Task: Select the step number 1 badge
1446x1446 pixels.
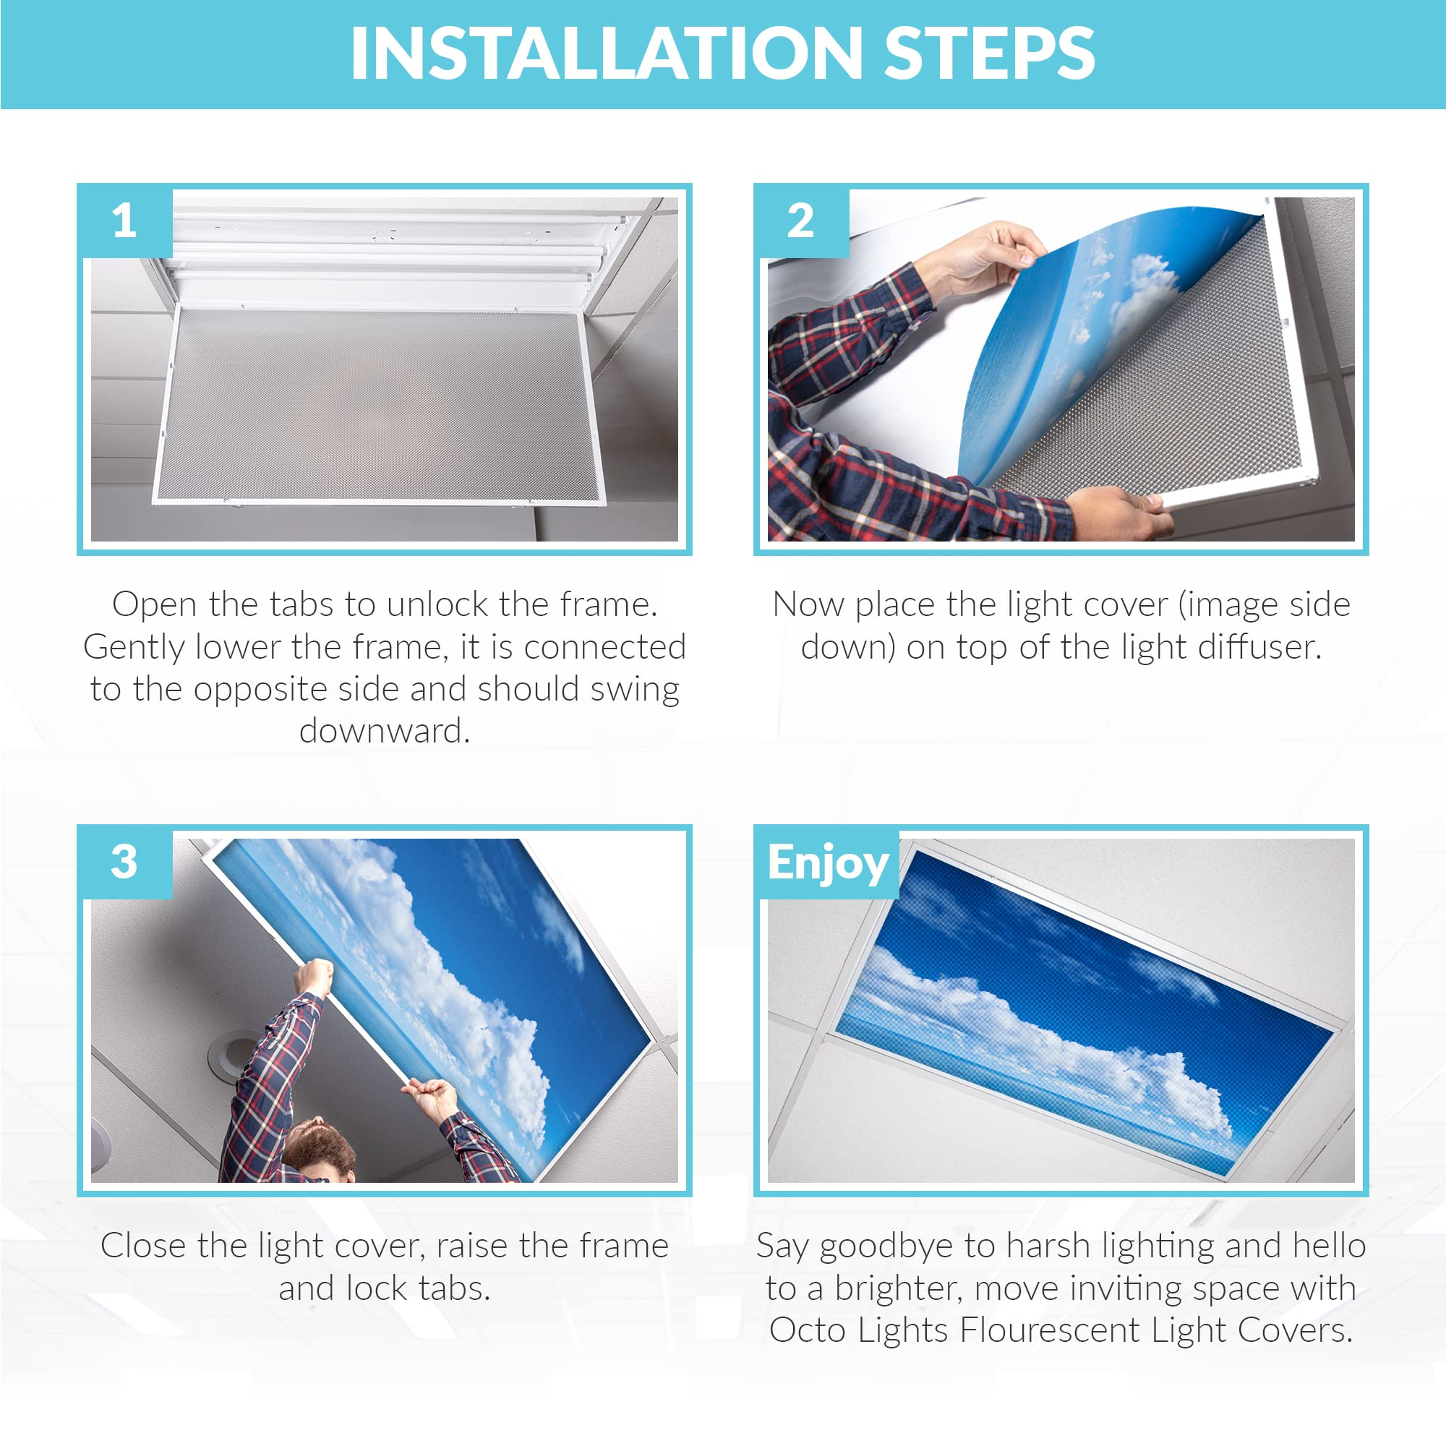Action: click(x=126, y=221)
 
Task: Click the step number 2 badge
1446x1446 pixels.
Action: click(x=802, y=221)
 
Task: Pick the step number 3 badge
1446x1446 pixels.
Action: click(x=126, y=863)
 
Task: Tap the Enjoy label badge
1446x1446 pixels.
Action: click(x=828, y=863)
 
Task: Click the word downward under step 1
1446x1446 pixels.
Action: click(x=385, y=731)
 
